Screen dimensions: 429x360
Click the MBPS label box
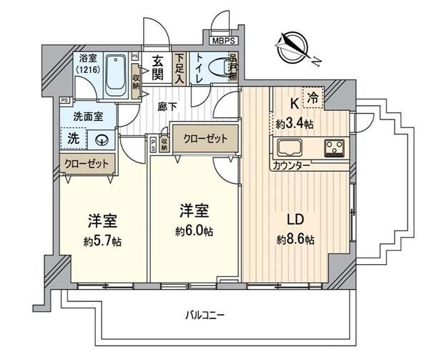(x=224, y=41)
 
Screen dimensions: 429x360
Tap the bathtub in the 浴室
(x=117, y=74)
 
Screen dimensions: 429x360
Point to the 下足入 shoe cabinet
(x=179, y=69)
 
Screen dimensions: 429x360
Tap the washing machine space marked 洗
(x=74, y=139)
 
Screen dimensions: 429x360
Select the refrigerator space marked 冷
(x=313, y=98)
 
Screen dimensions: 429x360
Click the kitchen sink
(x=290, y=147)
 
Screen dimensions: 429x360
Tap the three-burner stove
(x=335, y=148)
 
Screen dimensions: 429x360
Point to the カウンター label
(x=292, y=165)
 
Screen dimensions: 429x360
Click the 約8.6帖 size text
(x=295, y=240)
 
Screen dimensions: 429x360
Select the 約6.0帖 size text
(x=194, y=232)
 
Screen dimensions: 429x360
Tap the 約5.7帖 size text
(x=102, y=241)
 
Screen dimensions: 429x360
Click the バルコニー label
(x=204, y=316)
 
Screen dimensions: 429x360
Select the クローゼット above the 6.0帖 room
(x=205, y=139)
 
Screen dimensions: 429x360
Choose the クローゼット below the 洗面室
(x=87, y=164)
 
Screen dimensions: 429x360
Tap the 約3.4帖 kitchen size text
(x=295, y=125)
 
